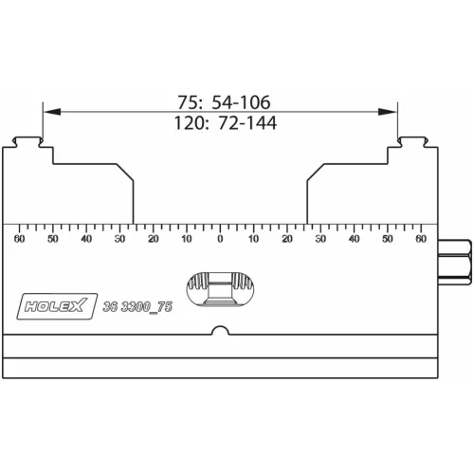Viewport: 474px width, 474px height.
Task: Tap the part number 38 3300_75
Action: [137, 304]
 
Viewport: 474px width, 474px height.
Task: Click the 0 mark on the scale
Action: [220, 239]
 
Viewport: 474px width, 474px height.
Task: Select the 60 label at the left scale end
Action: [19, 239]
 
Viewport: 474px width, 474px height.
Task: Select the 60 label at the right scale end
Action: [421, 239]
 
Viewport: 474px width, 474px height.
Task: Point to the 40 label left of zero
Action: [86, 239]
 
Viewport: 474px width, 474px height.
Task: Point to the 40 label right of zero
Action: [354, 239]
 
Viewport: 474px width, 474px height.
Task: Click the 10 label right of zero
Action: [253, 239]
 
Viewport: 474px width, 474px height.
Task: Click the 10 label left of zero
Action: [187, 239]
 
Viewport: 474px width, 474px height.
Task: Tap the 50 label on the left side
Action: [53, 239]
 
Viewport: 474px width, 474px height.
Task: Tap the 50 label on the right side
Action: [388, 239]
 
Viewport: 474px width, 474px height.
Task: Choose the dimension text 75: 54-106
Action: [220, 100]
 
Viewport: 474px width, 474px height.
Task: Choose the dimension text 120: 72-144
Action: [220, 123]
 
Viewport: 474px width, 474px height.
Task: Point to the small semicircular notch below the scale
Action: [220, 331]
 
